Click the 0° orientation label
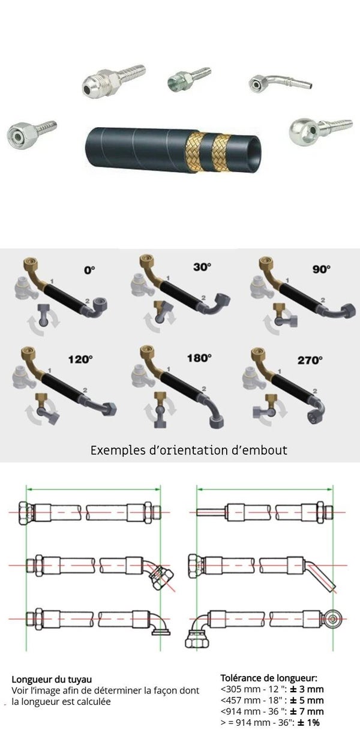click(89, 271)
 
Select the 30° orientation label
click(202, 267)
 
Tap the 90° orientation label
click(321, 269)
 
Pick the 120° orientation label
click(80, 359)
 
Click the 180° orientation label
click(199, 358)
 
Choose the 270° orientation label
click(310, 360)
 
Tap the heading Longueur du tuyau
click(52, 680)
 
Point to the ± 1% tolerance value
click(308, 722)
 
